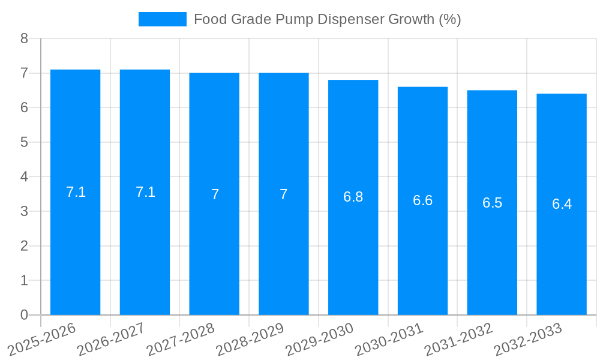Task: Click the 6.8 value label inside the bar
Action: tap(353, 197)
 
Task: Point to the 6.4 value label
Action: tap(562, 204)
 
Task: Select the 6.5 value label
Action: tap(492, 203)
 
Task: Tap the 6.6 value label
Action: tap(422, 200)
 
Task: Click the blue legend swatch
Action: tap(162, 19)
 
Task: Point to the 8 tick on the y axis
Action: tap(24, 39)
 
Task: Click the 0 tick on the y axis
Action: tap(24, 315)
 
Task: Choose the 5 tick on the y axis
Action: tap(24, 142)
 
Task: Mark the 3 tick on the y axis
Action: tap(24, 211)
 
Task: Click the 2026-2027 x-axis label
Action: tap(111, 339)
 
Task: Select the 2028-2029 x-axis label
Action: tap(250, 339)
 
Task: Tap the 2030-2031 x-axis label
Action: tap(389, 339)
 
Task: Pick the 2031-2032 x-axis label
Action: tap(458, 339)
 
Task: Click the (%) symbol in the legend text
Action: tap(449, 19)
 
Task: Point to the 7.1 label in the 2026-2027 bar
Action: tap(145, 192)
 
